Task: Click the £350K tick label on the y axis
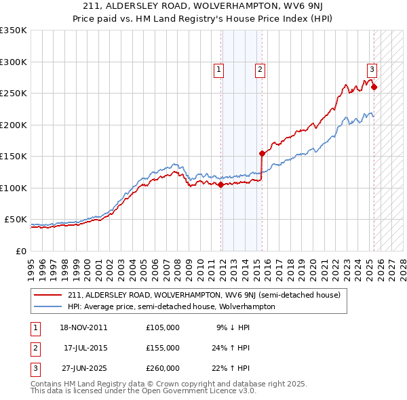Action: [14, 31]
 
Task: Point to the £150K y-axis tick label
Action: [14, 156]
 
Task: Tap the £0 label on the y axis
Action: [21, 251]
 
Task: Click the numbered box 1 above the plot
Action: [218, 68]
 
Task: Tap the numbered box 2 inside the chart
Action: [260, 68]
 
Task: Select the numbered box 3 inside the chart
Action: [372, 68]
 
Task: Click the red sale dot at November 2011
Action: [221, 184]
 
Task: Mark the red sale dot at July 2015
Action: [262, 153]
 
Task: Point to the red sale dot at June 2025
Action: [374, 87]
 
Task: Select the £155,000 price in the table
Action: [163, 348]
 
